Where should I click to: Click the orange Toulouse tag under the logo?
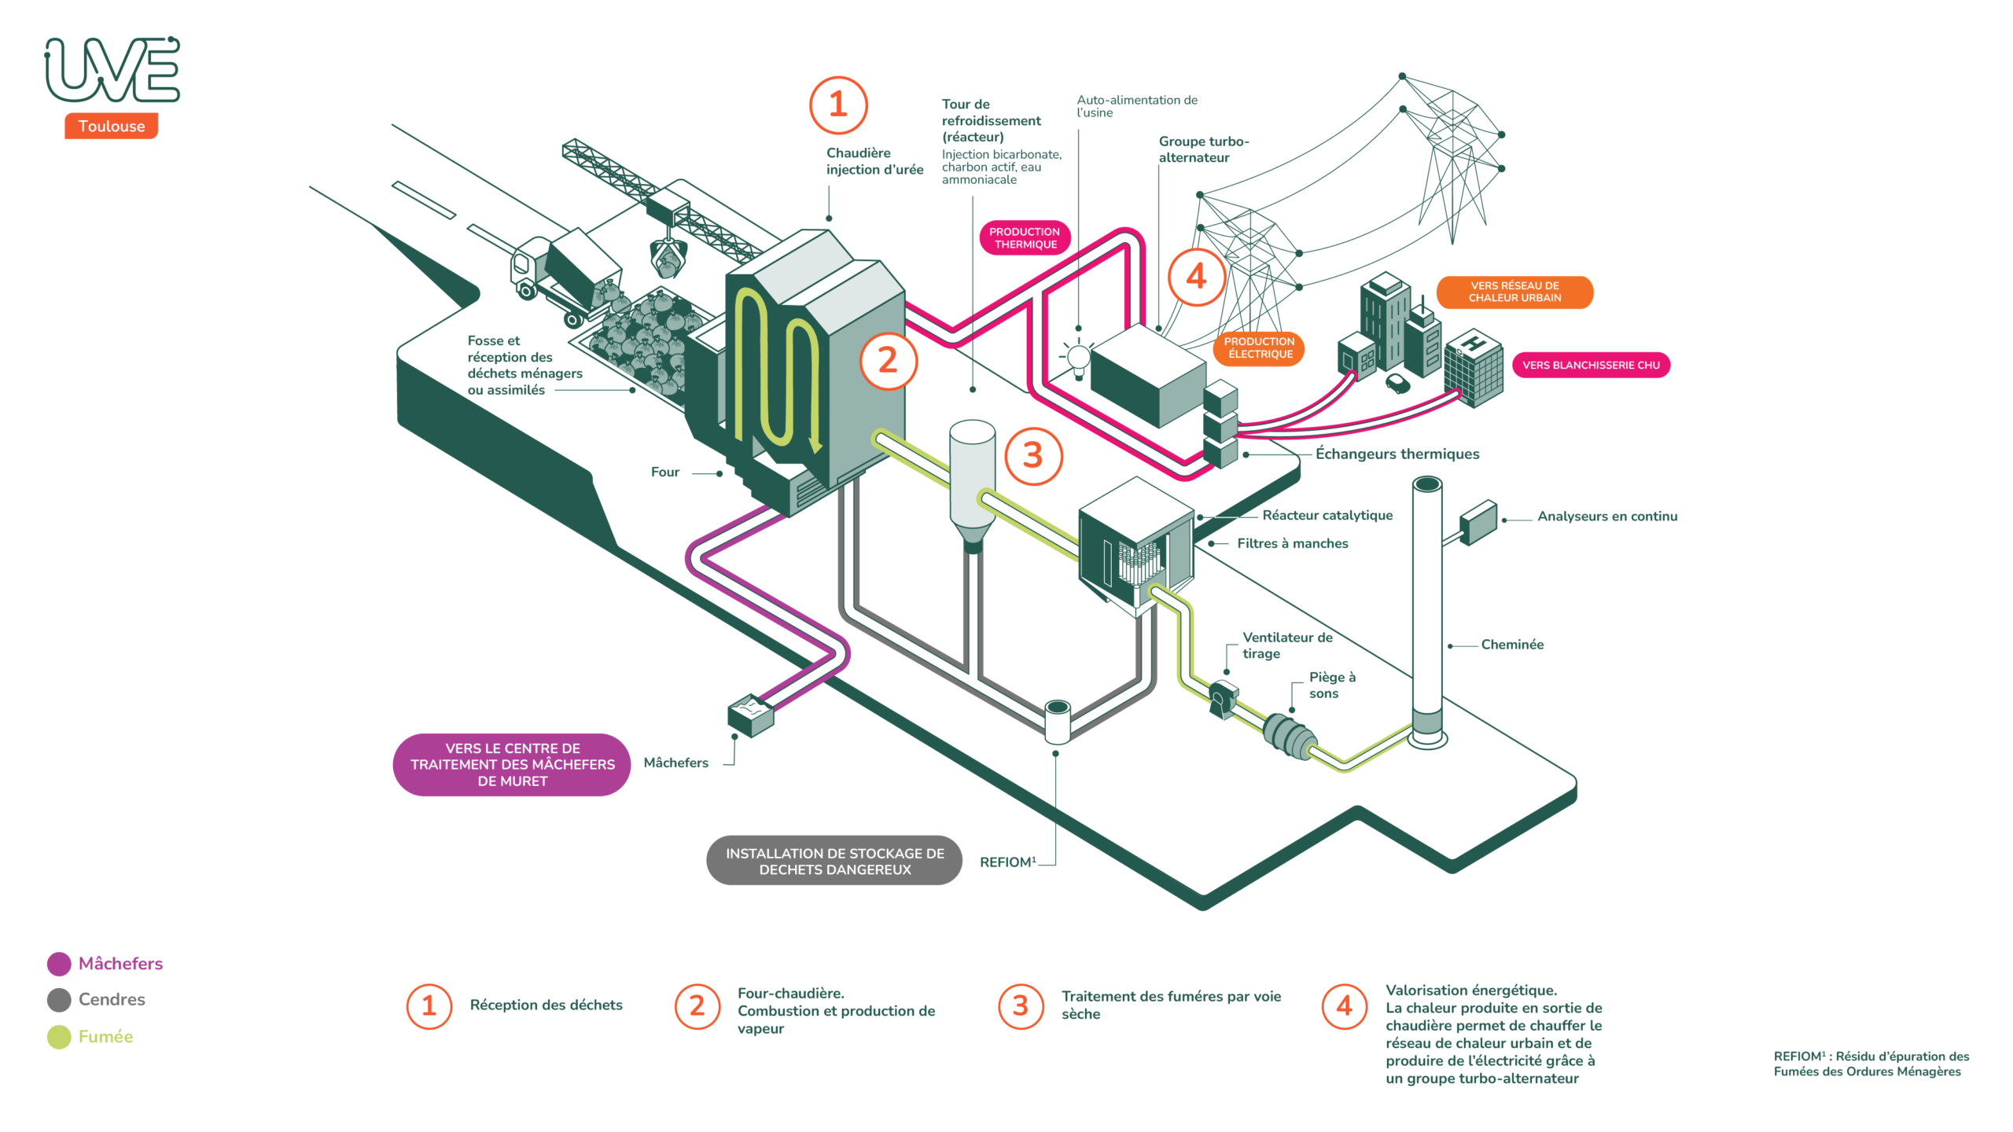click(x=111, y=126)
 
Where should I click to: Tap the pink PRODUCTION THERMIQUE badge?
click(x=1025, y=238)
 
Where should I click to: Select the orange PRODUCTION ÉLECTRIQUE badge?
click(x=1259, y=348)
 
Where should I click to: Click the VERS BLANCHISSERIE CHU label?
click(x=1590, y=365)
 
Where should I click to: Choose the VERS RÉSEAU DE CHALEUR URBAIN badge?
click(x=1514, y=292)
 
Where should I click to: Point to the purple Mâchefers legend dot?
click(x=59, y=964)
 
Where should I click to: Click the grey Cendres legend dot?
click(x=59, y=1000)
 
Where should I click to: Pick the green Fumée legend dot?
click(x=59, y=1037)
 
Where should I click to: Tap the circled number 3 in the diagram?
click(x=1033, y=456)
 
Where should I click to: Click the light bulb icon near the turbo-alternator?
click(x=1078, y=358)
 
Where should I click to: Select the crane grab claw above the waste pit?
click(x=668, y=258)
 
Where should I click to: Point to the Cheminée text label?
click(x=1511, y=645)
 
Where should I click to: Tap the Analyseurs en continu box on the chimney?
click(x=1478, y=522)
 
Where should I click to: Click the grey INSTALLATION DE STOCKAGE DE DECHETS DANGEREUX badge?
click(x=834, y=861)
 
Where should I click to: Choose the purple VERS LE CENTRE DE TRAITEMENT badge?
click(x=512, y=765)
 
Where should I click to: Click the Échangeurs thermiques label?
click(x=1397, y=454)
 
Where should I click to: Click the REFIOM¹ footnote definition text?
click(x=1871, y=1064)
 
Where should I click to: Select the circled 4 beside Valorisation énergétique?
click(x=1345, y=1006)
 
